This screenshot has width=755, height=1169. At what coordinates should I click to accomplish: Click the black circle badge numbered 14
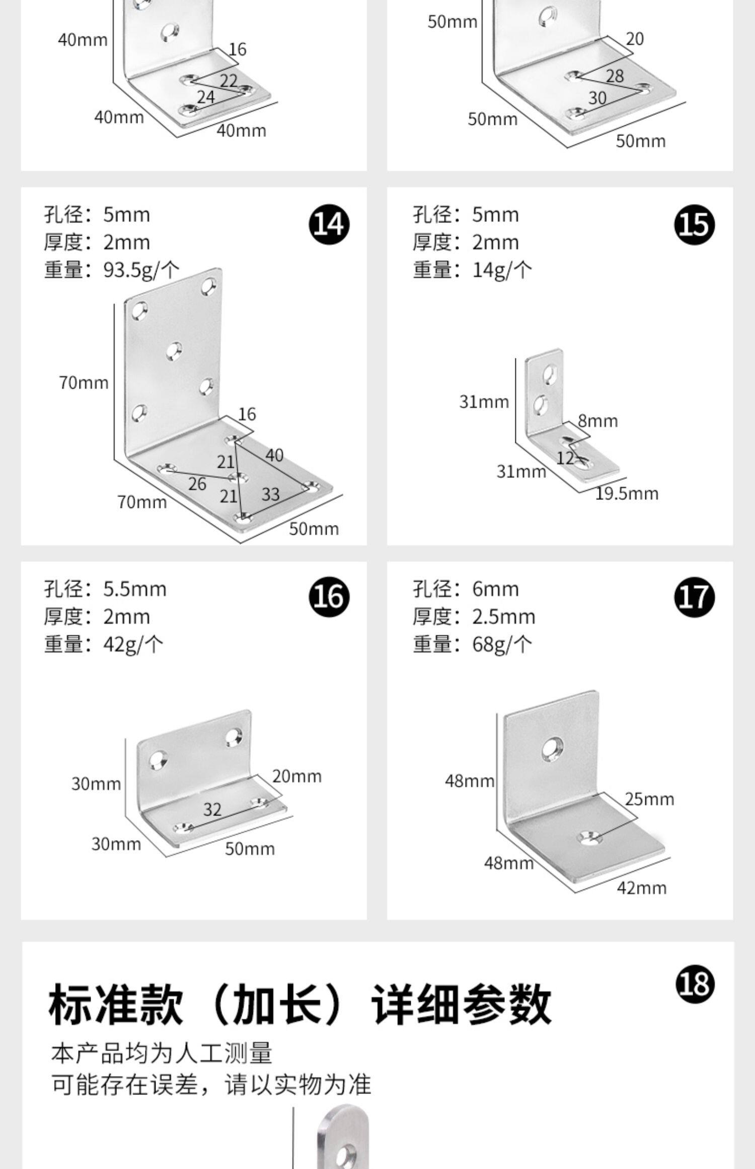329,225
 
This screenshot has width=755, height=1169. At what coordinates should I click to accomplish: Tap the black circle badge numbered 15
694,225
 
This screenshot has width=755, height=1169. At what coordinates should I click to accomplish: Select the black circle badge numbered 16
329,598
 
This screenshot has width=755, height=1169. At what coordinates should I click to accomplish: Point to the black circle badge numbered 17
694,598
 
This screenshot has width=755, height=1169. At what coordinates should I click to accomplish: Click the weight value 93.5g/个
141,270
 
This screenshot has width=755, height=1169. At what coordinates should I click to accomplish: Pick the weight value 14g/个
502,270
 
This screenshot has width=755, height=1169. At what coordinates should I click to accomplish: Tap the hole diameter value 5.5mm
135,589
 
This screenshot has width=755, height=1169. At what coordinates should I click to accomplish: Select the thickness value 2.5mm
503,617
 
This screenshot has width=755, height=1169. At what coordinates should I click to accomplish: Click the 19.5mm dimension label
627,493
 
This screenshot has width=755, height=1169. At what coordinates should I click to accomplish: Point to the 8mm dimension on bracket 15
597,421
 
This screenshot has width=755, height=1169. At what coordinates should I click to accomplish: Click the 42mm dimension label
642,887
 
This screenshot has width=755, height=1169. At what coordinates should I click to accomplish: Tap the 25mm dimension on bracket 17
649,799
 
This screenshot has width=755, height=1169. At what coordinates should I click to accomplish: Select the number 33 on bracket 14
270,494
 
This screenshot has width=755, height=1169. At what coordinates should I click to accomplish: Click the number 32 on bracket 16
212,809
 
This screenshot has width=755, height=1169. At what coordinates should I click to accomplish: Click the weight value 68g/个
502,644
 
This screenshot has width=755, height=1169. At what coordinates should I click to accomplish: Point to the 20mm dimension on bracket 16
297,776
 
